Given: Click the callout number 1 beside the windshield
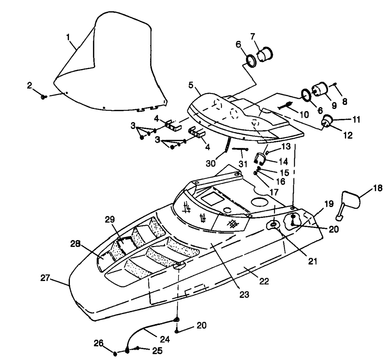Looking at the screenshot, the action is [x=68, y=37].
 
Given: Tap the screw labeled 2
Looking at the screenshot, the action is [x=43, y=97].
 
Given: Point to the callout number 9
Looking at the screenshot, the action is [x=334, y=106].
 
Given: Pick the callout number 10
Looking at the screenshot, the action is [x=304, y=115].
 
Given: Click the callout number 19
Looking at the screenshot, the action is [x=329, y=204].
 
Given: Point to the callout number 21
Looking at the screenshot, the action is [x=312, y=261].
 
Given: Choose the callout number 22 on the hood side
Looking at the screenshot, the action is [x=264, y=281].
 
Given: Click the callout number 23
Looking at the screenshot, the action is [x=244, y=294].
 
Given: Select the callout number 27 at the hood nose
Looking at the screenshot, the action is [x=45, y=278].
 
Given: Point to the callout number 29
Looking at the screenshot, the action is [x=110, y=220].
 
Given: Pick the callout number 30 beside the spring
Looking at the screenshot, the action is [x=211, y=164].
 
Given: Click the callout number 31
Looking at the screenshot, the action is [x=243, y=164].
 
